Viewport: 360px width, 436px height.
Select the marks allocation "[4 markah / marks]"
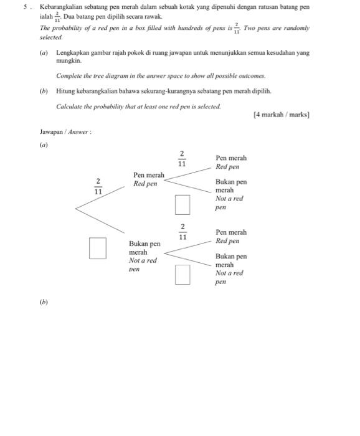click(282, 115)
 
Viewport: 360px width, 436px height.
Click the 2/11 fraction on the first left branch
click(98, 187)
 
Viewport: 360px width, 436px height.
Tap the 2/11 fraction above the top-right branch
click(182, 159)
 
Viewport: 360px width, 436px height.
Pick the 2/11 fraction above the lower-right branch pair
click(182, 232)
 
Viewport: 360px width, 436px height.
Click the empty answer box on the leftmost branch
click(97, 247)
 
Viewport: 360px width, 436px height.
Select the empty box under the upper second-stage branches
click(182, 204)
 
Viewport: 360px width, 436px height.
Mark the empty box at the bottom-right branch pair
click(182, 274)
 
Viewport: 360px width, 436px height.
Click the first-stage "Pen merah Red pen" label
click(149, 179)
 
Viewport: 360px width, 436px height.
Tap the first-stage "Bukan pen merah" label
click(144, 248)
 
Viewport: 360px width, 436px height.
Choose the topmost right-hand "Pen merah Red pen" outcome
click(231, 163)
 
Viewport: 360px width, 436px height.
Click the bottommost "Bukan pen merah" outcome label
click(231, 260)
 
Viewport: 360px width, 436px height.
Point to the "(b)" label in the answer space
click(44, 302)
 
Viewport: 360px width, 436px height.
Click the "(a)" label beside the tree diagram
click(44, 145)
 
